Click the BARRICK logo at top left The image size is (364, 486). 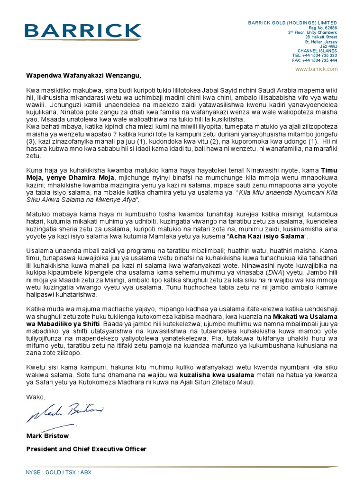83,32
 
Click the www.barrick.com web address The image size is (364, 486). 316,69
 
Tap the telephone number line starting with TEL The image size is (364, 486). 315,56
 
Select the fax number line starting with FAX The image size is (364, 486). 315,61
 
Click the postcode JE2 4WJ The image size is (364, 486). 328,46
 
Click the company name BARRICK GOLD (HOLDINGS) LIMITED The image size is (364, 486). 292,23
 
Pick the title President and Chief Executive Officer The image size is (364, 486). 86,449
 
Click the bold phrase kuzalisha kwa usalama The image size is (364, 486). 214,374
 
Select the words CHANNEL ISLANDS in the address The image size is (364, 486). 317,51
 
